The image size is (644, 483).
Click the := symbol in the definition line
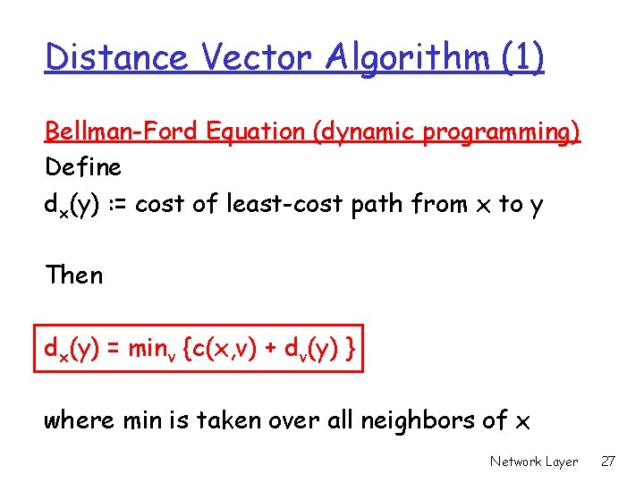pos(120,204)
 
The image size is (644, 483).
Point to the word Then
pos(74,275)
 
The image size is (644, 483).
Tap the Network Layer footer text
pos(534,462)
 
